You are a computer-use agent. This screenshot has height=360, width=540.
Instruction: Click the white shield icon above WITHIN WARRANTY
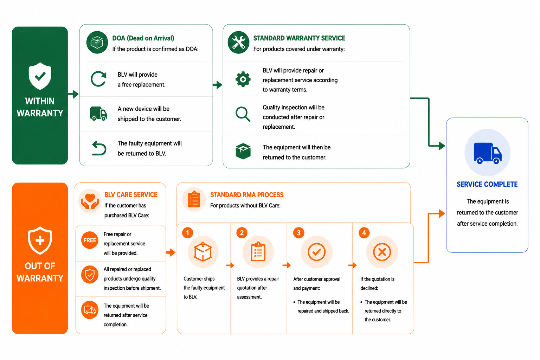click(40, 76)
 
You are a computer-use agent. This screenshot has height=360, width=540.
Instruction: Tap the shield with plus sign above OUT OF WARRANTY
click(40, 240)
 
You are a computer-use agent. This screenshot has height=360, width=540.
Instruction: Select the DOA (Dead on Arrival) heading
click(143, 38)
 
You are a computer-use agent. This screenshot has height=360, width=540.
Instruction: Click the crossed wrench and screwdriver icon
click(238, 42)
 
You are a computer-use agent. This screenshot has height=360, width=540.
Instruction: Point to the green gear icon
click(243, 79)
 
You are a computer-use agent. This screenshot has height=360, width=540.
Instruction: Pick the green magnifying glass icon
click(243, 114)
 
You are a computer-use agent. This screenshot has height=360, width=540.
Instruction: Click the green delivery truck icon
click(98, 114)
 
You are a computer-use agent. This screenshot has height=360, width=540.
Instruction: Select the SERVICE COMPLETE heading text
click(487, 184)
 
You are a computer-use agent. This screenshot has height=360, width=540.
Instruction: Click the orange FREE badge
click(90, 240)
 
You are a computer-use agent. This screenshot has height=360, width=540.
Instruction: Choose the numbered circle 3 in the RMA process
click(299, 233)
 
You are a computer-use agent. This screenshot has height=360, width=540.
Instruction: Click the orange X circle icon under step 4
click(382, 252)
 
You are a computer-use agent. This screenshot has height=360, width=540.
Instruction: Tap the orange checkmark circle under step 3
click(316, 252)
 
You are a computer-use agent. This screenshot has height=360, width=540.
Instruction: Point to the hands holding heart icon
click(90, 201)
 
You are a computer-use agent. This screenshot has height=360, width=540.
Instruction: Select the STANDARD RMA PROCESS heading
click(247, 195)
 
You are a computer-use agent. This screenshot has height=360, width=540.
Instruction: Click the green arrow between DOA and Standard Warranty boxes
click(218, 85)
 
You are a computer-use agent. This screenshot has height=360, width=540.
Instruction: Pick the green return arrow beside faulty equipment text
click(99, 148)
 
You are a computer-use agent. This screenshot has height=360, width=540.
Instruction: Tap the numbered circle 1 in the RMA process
click(187, 233)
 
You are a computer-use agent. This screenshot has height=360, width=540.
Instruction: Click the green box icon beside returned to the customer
click(243, 151)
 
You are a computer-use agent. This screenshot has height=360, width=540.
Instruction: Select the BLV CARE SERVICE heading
click(131, 194)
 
